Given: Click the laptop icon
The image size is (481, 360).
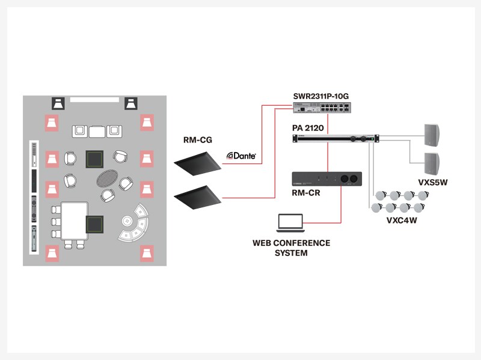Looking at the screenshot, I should point(290,224).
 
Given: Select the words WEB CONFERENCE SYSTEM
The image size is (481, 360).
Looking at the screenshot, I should point(291,248).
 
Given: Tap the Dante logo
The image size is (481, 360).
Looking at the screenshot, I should point(241,156).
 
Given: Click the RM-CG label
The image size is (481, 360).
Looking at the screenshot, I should point(197,141).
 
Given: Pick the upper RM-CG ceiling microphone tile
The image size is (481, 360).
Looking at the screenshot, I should point(198,162).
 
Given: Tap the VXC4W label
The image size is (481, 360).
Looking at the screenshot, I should point(402,221).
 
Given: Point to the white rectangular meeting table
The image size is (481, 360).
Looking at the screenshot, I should point(76,221).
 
